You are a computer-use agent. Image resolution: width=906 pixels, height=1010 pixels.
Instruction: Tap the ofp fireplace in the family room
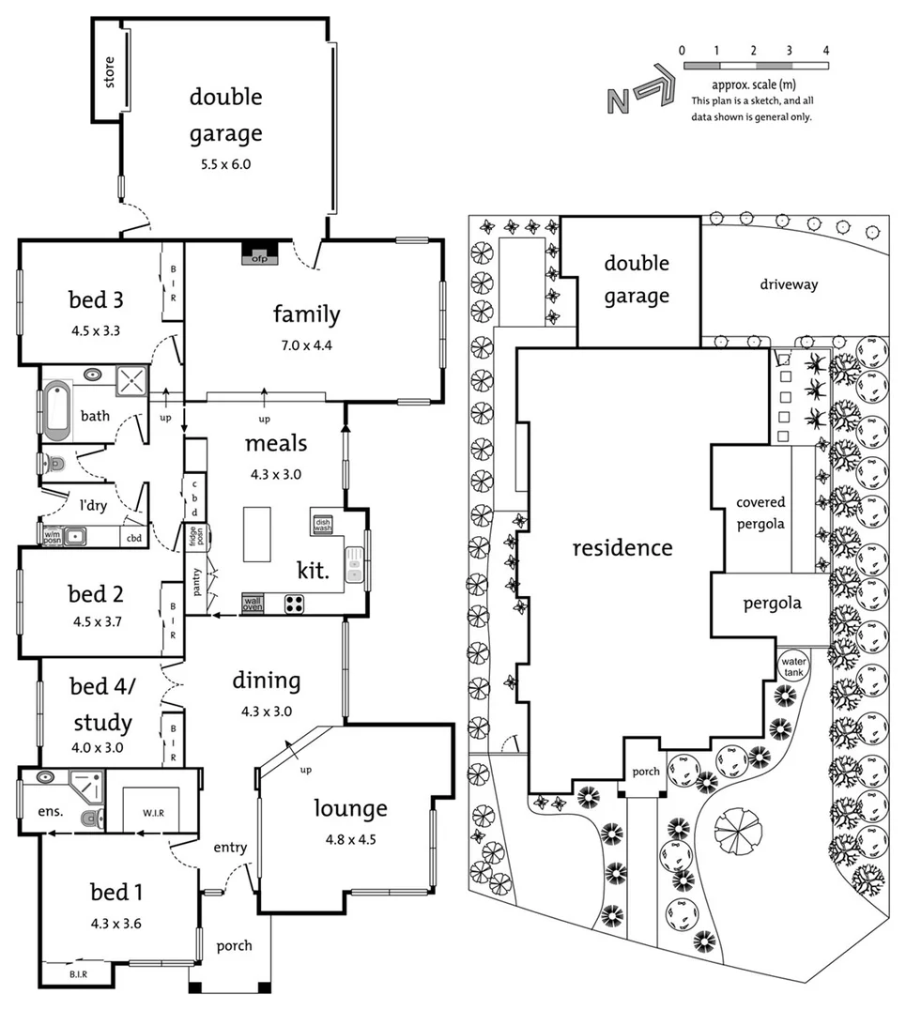(255, 253)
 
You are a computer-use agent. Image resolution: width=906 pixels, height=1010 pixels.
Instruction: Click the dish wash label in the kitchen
(323, 525)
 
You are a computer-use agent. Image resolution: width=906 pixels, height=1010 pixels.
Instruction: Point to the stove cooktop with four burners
(294, 604)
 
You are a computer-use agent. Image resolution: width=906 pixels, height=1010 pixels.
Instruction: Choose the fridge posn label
(192, 539)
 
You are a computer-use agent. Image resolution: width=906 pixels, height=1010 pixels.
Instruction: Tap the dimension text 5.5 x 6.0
(225, 163)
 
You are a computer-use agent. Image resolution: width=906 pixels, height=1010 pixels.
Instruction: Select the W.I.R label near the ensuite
(153, 812)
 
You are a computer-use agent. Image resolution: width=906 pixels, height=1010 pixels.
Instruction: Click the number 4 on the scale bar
(826, 50)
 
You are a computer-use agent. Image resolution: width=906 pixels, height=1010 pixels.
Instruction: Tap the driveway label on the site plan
(789, 283)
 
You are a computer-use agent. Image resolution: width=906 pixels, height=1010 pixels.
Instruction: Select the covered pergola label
(760, 513)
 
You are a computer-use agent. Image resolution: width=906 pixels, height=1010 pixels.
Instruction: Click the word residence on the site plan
(622, 547)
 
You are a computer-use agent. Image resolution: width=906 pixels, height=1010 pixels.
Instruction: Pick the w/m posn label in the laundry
(51, 537)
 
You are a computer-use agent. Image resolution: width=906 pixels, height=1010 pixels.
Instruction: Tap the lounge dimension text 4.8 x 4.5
(349, 839)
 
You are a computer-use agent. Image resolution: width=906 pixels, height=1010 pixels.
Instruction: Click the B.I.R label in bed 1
(77, 974)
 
